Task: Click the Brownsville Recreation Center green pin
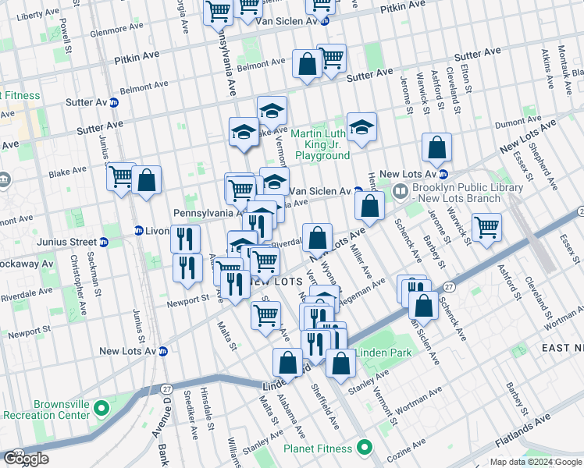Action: (100, 408)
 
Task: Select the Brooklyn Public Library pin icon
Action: (401, 190)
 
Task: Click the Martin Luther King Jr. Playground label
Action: (320, 144)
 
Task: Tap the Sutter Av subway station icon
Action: (114, 102)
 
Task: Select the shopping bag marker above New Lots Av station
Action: (436, 147)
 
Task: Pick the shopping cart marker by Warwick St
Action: (486, 228)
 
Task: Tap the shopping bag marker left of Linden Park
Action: (340, 363)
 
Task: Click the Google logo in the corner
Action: (26, 459)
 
